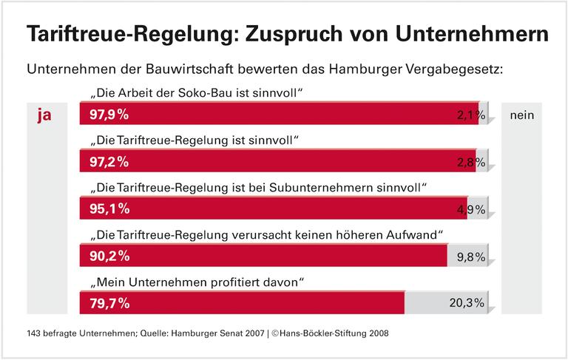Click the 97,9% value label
point(109,115)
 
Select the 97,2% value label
point(109,162)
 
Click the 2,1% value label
point(470,115)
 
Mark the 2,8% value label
point(470,162)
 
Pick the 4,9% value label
point(470,209)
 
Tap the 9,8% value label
point(470,257)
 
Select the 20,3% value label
point(467,303)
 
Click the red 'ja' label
point(44,115)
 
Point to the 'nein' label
point(521,115)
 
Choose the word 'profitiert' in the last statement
point(234,282)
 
